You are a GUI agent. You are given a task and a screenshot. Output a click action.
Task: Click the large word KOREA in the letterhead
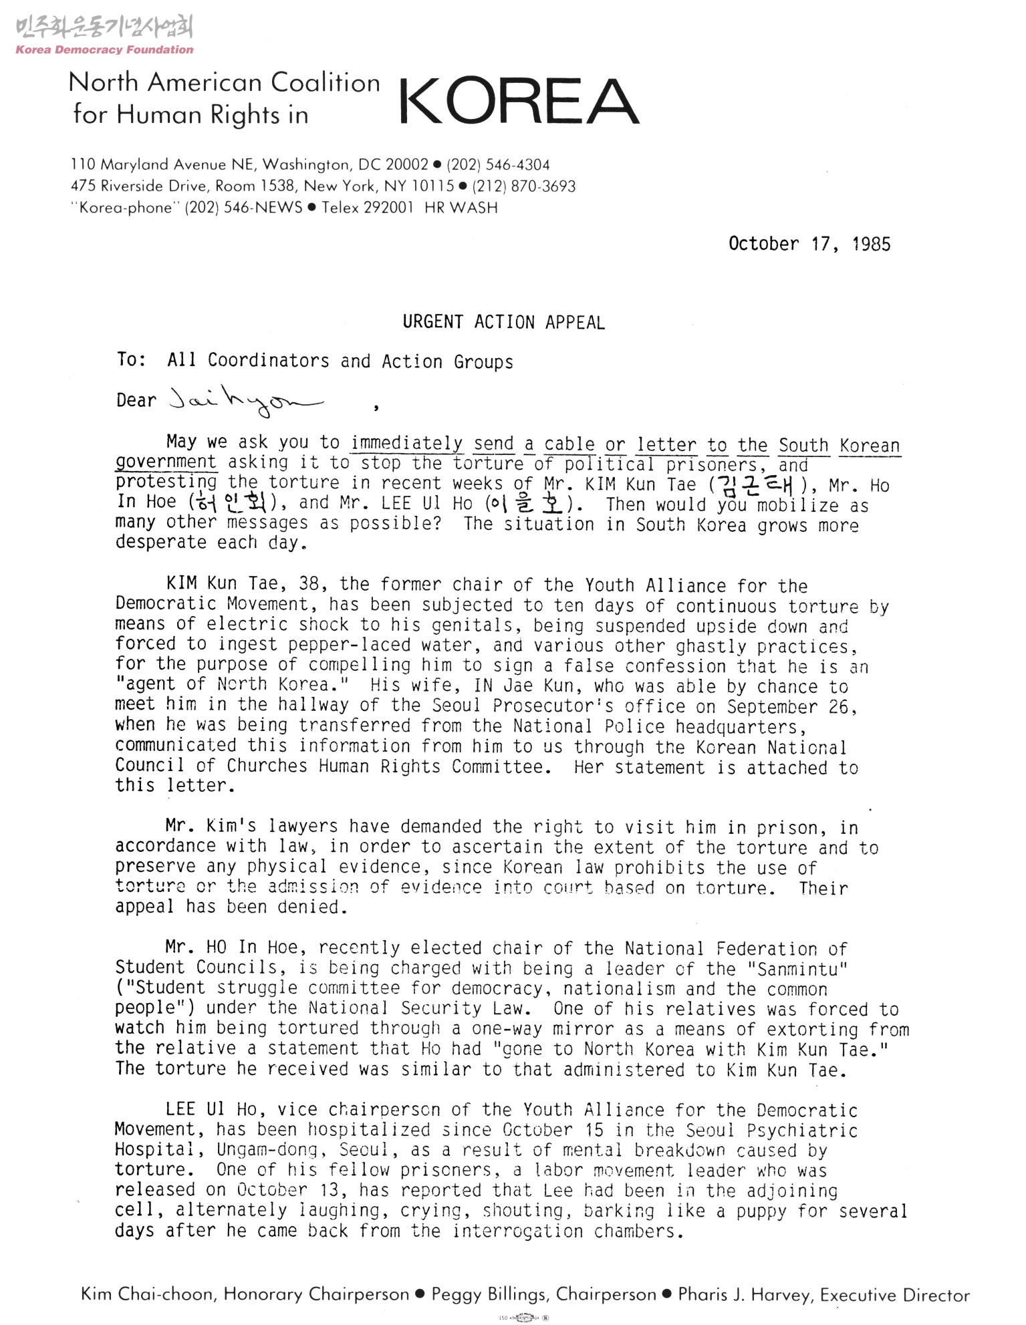coord(519,102)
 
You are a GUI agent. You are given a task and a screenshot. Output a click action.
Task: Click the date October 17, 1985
coord(809,244)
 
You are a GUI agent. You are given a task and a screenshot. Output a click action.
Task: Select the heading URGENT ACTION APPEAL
coord(503,322)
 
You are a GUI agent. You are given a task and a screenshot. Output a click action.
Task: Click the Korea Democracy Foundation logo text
coord(104,49)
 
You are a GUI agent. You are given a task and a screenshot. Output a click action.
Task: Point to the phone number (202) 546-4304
coord(498,164)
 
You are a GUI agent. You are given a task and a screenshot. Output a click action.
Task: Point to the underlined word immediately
coord(407,444)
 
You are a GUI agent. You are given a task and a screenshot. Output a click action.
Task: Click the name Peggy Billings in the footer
coord(487,1294)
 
